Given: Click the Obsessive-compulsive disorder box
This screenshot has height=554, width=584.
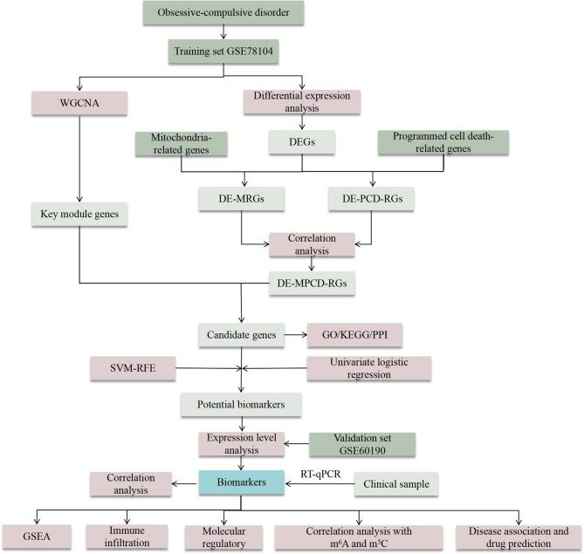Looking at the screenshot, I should coord(224,13).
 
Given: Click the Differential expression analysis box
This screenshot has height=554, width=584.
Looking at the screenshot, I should coord(302,102).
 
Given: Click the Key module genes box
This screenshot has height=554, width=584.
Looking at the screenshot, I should coord(80,213).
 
